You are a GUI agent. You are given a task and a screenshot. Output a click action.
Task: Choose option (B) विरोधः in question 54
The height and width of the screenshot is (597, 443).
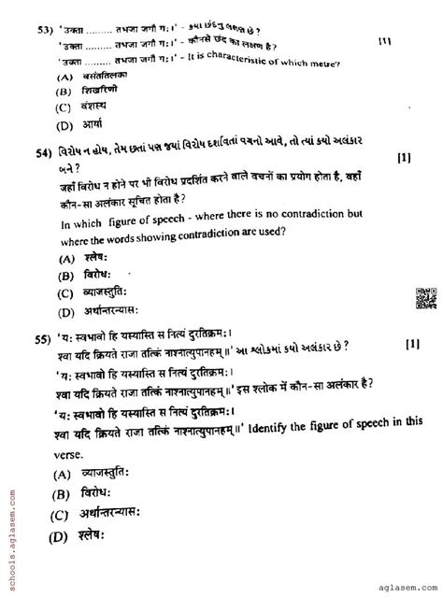point(90,277)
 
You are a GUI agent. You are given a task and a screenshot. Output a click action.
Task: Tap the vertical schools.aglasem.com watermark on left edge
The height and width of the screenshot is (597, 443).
point(9,524)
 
